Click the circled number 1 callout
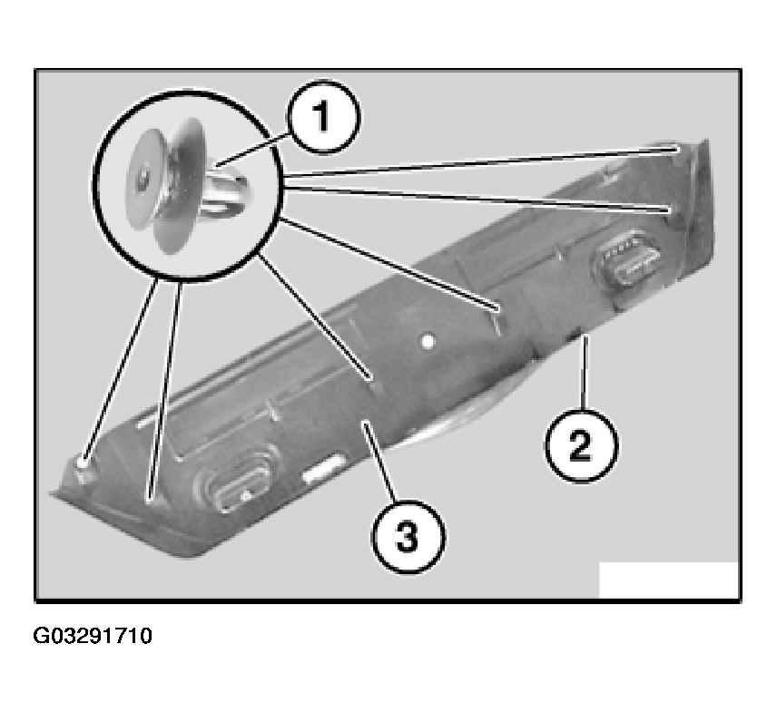point(323,117)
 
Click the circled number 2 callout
point(581,445)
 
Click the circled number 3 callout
point(408,536)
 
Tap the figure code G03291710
point(93,636)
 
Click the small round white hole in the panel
point(428,341)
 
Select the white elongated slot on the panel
point(325,468)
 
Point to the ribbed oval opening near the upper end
point(627,258)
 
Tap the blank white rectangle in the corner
point(668,580)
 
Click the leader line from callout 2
point(584,373)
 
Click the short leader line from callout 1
point(252,149)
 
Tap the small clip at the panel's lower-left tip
point(83,467)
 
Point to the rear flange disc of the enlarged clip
point(180,186)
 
